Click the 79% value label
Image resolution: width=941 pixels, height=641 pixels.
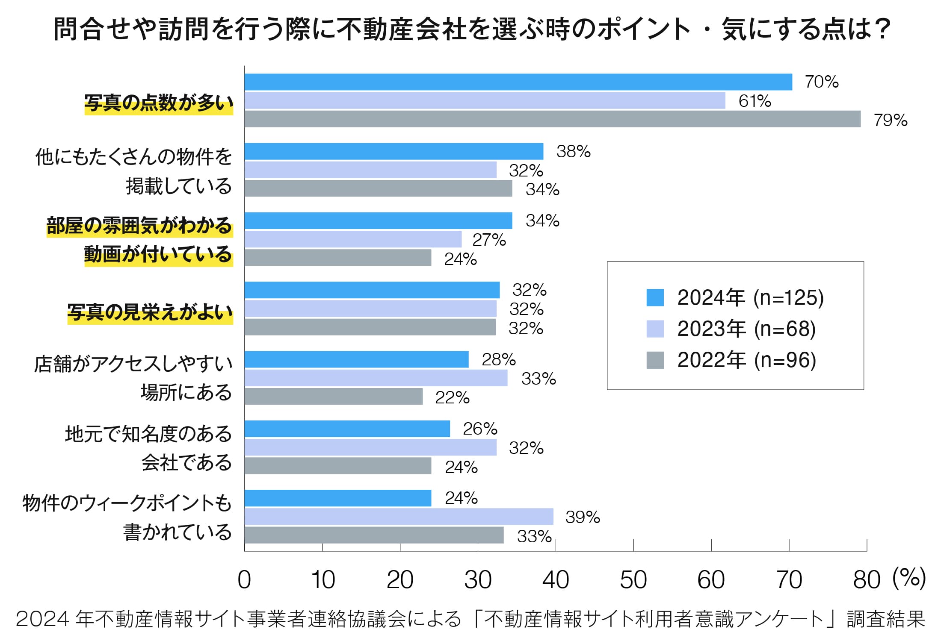pyautogui.click(x=890, y=120)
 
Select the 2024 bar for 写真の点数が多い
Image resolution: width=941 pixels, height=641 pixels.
pyautogui.click(x=518, y=82)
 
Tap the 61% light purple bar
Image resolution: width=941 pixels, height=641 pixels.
pyautogui.click(x=485, y=101)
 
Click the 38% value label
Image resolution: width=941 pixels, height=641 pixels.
pyautogui.click(x=573, y=151)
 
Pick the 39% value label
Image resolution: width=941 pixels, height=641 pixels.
pyautogui.click(x=583, y=517)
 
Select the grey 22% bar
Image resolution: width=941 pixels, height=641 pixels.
pyautogui.click(x=334, y=397)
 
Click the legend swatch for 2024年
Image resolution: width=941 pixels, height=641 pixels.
pyautogui.click(x=655, y=297)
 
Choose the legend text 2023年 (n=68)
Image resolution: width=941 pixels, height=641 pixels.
pyautogui.click(x=746, y=329)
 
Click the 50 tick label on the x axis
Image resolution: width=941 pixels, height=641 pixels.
pyautogui.click(x=633, y=580)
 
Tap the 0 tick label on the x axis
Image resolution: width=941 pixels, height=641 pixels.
pyautogui.click(x=244, y=580)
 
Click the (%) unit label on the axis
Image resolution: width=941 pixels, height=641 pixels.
pyautogui.click(x=909, y=578)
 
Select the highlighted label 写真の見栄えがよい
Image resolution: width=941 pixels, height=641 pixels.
pyautogui.click(x=150, y=312)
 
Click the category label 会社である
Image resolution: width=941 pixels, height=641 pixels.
pyautogui.click(x=186, y=463)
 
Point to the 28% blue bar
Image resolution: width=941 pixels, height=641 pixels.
pyautogui.click(x=356, y=359)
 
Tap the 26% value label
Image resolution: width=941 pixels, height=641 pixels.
pyautogui.click(x=480, y=429)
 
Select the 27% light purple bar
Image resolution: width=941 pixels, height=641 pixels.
pyautogui.click(x=353, y=239)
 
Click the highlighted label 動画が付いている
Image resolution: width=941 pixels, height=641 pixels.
pyautogui.click(x=158, y=255)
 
